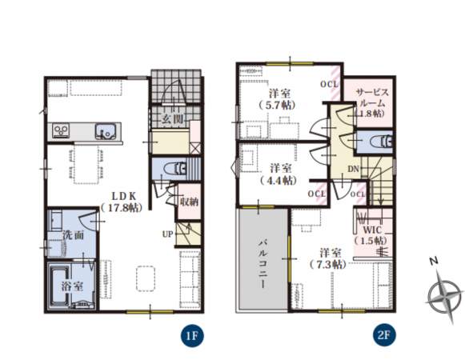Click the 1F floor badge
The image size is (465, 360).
click(192, 335)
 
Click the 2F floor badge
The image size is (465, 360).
click(383, 334)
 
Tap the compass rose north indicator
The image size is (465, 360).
click(434, 262)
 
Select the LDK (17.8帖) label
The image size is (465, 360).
click(122, 202)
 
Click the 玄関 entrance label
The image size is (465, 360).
click(172, 119)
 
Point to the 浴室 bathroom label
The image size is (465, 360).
click(72, 286)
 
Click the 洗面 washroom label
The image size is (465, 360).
click(74, 235)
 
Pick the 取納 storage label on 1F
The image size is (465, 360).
click(189, 202)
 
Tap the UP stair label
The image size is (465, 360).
click(167, 234)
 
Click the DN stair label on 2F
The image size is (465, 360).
click(353, 169)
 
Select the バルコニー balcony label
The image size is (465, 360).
click(263, 264)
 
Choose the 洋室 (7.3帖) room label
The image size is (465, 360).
click(328, 258)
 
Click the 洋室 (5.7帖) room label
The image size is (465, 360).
click(278, 99)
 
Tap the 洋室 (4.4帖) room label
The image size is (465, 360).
click(279, 174)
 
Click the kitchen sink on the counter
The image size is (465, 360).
click(105, 131)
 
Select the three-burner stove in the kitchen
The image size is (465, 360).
click(61, 130)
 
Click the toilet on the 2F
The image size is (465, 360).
click(380, 141)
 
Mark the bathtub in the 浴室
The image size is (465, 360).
click(59, 286)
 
